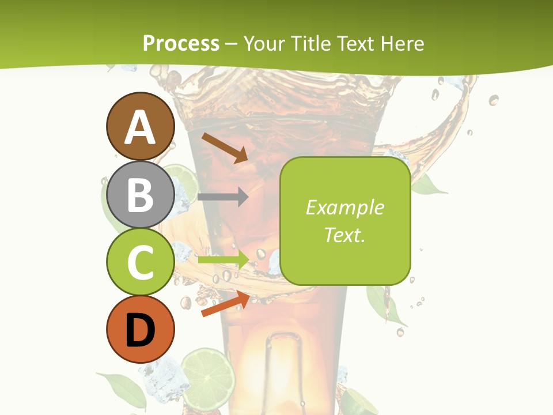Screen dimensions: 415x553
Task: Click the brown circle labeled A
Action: (140, 126)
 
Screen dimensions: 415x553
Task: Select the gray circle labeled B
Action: (140, 194)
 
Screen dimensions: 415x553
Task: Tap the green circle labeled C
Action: (140, 262)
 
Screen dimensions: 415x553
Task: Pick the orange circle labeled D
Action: (140, 329)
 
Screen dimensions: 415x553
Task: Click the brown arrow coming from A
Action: (225, 148)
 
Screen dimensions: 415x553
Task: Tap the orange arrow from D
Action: (225, 304)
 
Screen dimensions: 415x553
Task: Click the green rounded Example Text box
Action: (345, 221)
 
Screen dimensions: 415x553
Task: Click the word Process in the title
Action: (181, 43)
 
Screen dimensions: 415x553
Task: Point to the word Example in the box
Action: (344, 207)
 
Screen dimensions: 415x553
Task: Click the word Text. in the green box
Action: (344, 235)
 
